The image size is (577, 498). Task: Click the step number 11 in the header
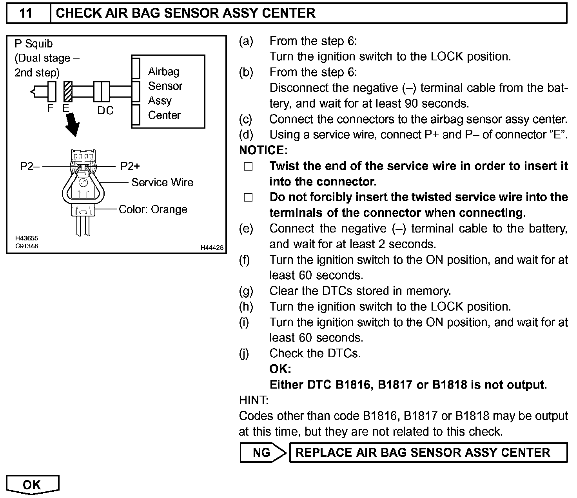(x=26, y=13)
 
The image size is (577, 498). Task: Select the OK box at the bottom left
(x=32, y=485)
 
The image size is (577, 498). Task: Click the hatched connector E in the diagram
(x=68, y=92)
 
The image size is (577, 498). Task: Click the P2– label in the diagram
(x=30, y=166)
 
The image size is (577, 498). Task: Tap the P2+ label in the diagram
(x=130, y=166)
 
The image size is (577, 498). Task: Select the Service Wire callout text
(x=162, y=182)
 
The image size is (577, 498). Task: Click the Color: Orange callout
(x=153, y=209)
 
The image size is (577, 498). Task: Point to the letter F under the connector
(x=50, y=108)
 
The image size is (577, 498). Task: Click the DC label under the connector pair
(x=105, y=111)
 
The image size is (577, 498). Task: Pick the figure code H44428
(x=212, y=247)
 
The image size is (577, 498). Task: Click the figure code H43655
(x=27, y=238)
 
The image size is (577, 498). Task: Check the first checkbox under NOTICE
(x=248, y=167)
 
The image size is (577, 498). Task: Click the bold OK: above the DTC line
(x=280, y=369)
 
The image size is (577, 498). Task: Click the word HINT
(x=254, y=400)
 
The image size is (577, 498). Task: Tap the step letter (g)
(x=246, y=291)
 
